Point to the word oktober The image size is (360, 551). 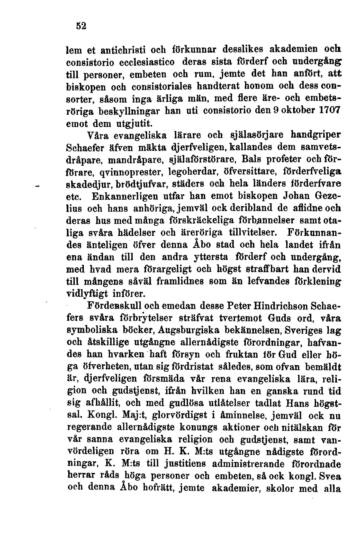click(292, 111)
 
